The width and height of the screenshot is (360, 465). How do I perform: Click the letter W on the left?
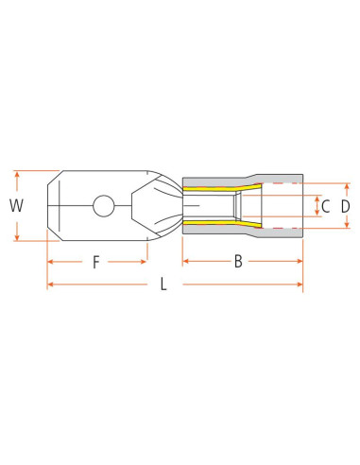coord(14,205)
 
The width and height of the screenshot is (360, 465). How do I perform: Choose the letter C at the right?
coord(325,206)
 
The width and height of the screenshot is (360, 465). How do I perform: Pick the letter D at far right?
coord(346,206)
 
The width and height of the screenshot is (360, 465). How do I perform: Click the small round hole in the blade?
coord(105,204)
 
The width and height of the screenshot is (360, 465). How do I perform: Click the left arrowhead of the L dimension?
coord(51,284)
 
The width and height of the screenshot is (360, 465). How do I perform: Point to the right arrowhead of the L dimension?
coord(300,284)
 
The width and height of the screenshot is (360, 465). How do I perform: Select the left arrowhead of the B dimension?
coord(186,260)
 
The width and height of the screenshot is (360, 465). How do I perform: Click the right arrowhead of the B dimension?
coord(300,260)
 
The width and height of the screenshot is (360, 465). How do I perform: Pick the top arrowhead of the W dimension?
coord(17,174)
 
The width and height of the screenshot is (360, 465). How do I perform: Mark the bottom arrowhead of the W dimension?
coord(17,236)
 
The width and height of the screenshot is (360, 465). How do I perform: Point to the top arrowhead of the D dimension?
coord(347,186)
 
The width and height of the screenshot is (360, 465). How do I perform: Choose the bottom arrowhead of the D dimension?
coord(347,225)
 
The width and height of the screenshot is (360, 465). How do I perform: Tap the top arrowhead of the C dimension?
coord(317,195)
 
